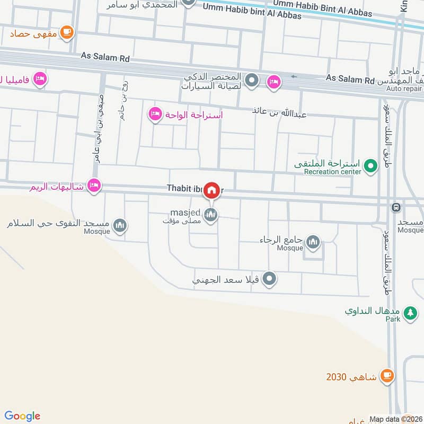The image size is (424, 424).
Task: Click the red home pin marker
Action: pyautogui.click(x=211, y=190)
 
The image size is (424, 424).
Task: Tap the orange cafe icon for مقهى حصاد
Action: pyautogui.click(x=67, y=33)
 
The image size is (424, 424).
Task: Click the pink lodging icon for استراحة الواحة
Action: pyautogui.click(x=155, y=114)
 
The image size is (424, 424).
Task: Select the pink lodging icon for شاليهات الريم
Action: pyautogui.click(x=94, y=186)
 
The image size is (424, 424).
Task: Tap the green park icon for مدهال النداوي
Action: pyautogui.click(x=409, y=314)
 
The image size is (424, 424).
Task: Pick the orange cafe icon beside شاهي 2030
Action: pyautogui.click(x=387, y=377)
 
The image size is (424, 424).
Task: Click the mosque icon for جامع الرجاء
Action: pyautogui.click(x=313, y=242)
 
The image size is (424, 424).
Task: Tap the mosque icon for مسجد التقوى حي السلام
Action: pyautogui.click(x=120, y=226)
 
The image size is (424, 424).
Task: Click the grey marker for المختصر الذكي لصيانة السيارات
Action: pyautogui.click(x=252, y=81)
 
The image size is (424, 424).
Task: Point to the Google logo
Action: pyautogui.click(x=22, y=416)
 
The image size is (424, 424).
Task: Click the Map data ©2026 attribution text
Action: pyautogui.click(x=394, y=418)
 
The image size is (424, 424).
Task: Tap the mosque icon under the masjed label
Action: pyautogui.click(x=211, y=215)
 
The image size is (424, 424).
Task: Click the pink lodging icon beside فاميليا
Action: pyautogui.click(x=40, y=80)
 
